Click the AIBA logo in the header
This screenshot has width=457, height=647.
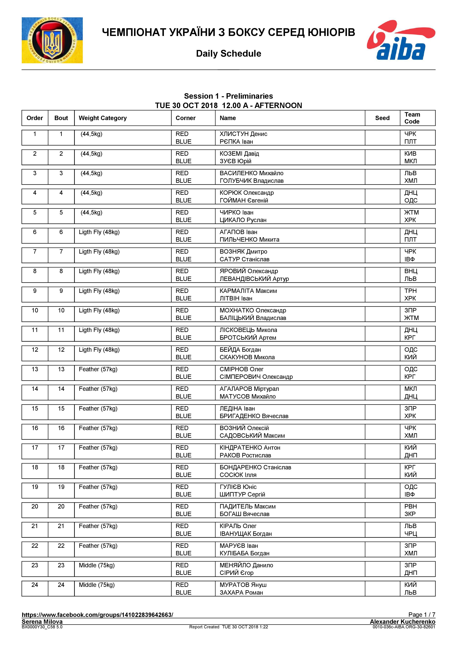click(401, 40)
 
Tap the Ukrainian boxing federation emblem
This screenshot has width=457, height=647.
click(52, 40)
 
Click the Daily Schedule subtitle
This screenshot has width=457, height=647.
click(228, 53)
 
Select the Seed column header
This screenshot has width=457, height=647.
click(382, 118)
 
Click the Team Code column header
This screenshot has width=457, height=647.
click(412, 118)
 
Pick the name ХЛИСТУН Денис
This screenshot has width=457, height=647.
click(243, 134)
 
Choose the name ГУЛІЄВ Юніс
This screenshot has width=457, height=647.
click(238, 487)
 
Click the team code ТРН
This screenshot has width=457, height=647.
click(410, 291)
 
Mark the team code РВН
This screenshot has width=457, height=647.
click(410, 506)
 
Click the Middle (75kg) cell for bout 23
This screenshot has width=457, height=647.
click(97, 565)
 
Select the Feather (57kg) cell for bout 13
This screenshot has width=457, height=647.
click(98, 369)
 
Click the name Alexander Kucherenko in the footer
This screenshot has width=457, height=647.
click(402, 622)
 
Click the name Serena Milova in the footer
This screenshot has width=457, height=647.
click(42, 622)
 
